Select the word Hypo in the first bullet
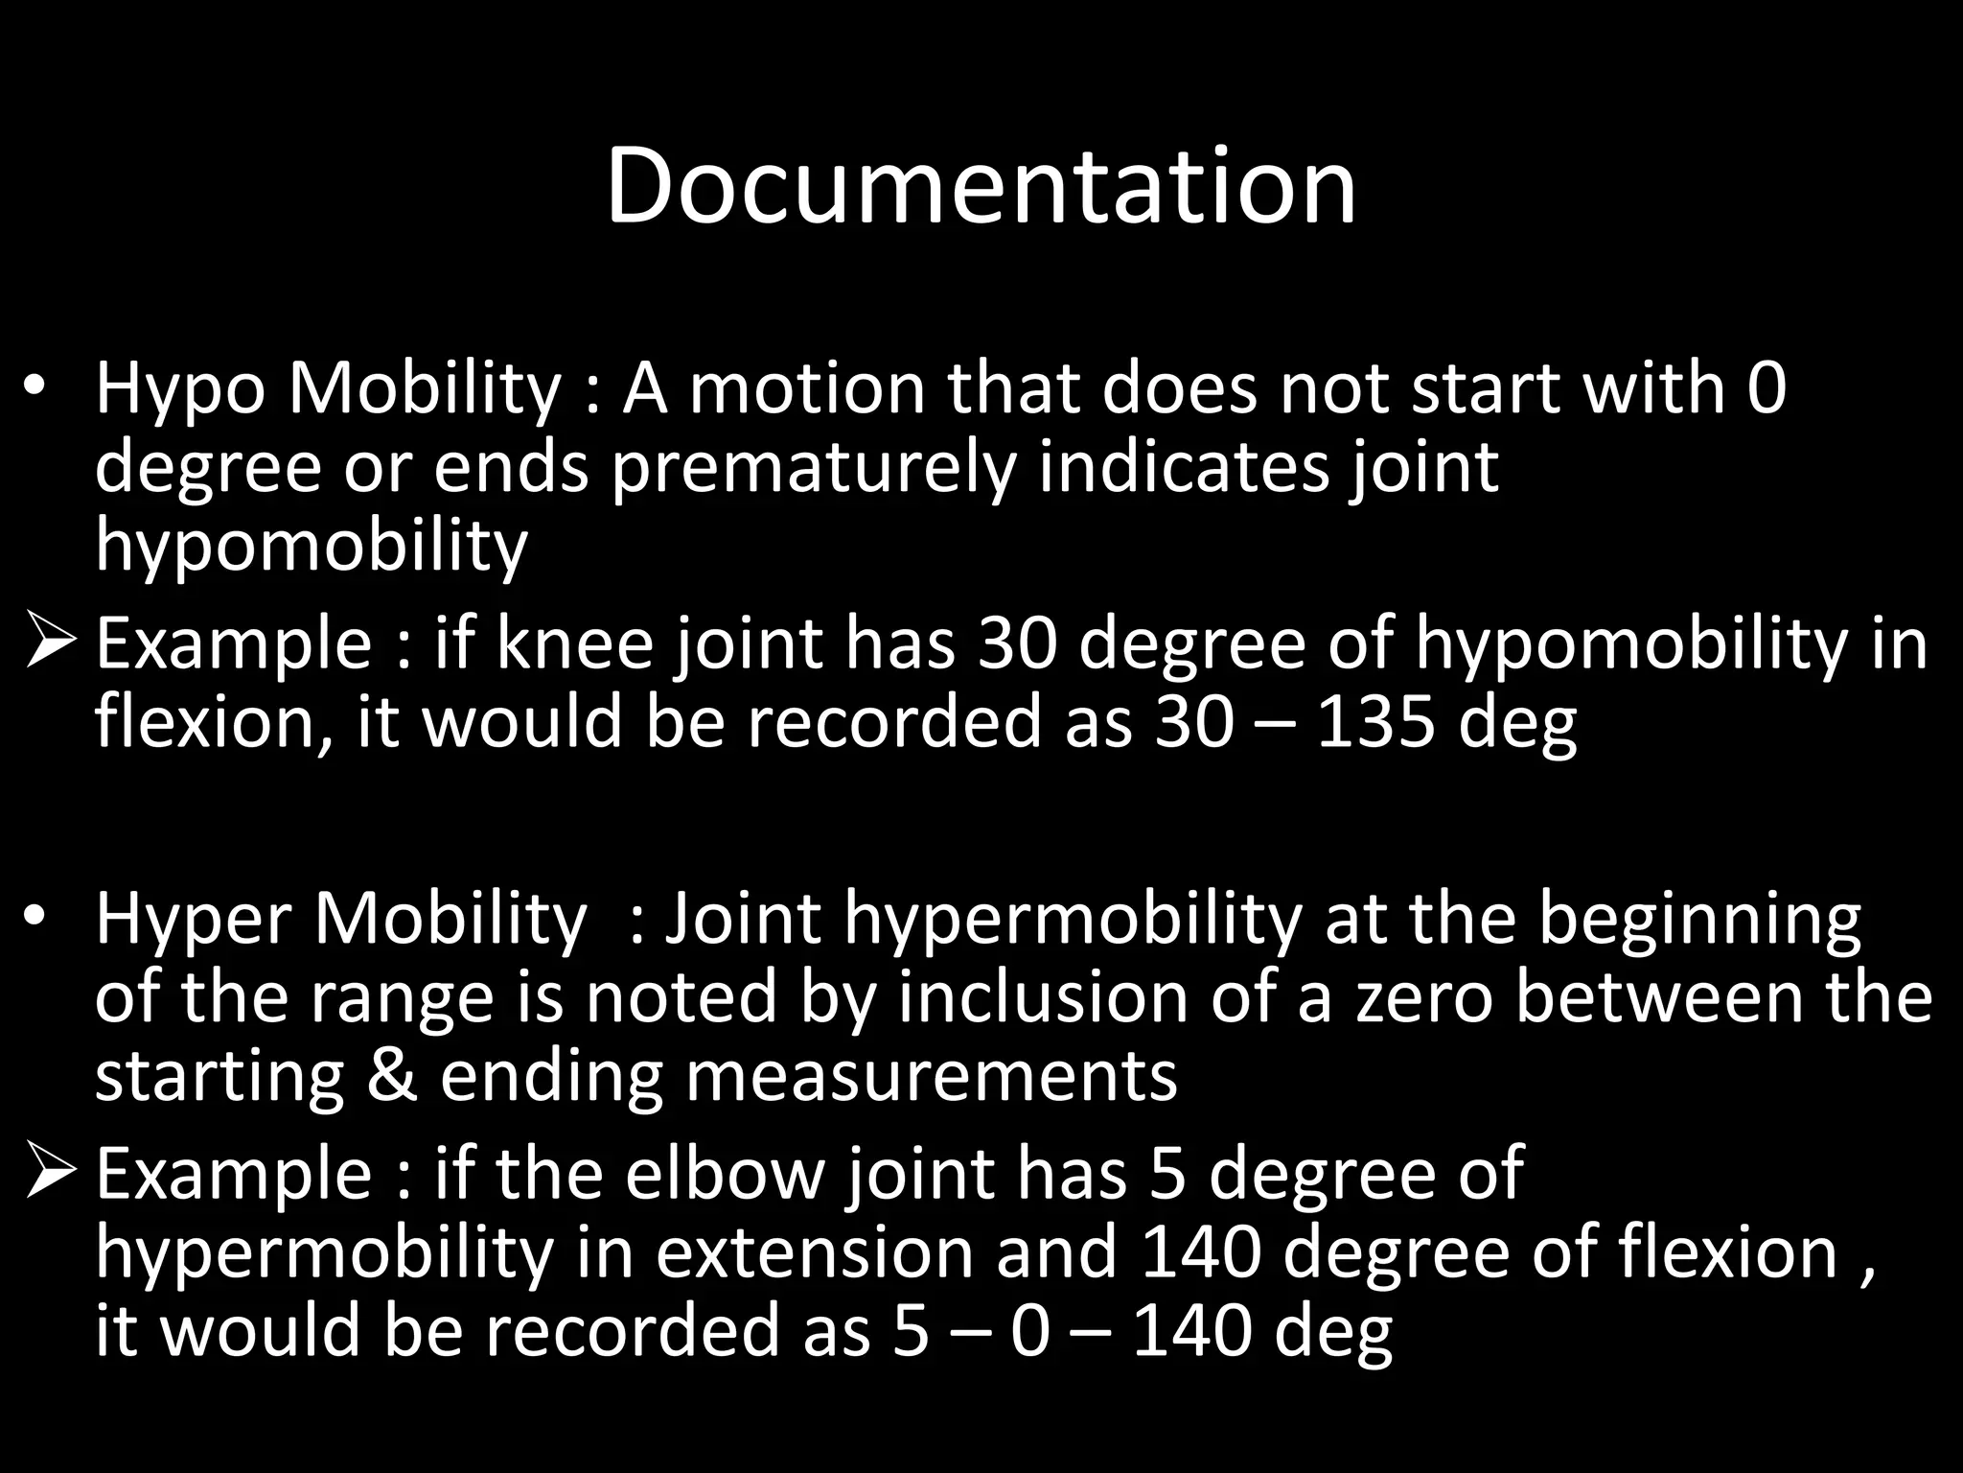pos(179,390)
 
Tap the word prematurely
pos(813,468)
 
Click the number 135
pos(1375,721)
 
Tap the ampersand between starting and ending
pos(392,1076)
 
